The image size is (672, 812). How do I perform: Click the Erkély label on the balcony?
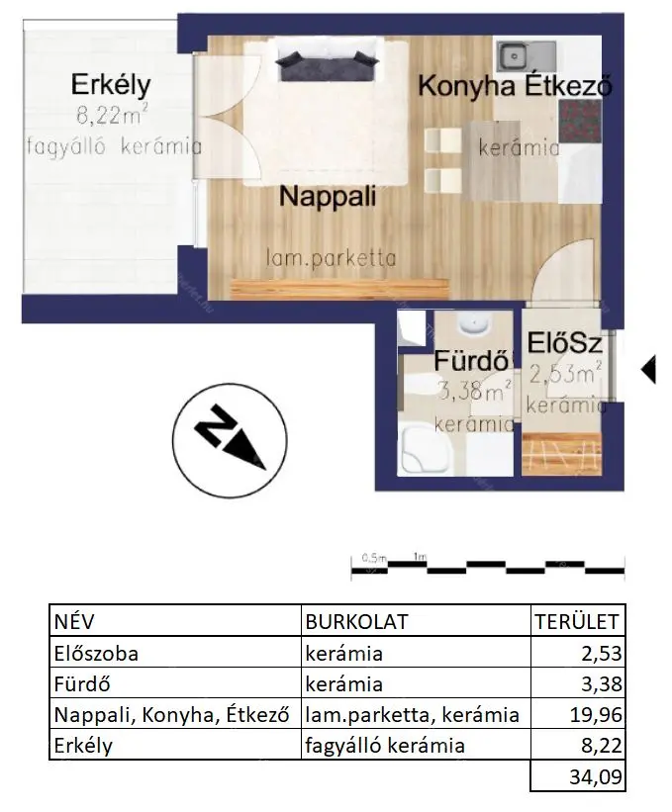pos(111,85)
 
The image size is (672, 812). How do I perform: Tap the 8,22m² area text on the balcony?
pos(112,115)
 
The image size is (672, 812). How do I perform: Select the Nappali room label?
pos(328,197)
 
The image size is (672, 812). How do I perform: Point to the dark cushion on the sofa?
pos(327,65)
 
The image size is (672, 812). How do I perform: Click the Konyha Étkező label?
pos(515,85)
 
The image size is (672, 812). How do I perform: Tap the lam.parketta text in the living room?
pos(331,258)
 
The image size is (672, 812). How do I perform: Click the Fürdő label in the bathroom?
pos(471,360)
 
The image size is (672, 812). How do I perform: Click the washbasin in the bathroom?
pos(474,324)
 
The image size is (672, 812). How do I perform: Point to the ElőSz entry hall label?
pos(564,343)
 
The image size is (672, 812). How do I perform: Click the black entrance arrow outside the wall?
pos(648,369)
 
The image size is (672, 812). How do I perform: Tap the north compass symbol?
pos(230,440)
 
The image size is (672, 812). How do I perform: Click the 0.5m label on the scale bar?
pos(375,558)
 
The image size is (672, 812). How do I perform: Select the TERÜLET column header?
pos(577,621)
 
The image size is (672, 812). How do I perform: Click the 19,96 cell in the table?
pos(596,715)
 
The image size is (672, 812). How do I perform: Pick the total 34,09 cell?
pos(596,776)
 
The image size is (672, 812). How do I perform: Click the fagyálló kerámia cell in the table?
pos(384,746)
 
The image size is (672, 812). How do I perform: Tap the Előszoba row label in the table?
pos(96,654)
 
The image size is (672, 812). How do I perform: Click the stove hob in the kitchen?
pos(580,122)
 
